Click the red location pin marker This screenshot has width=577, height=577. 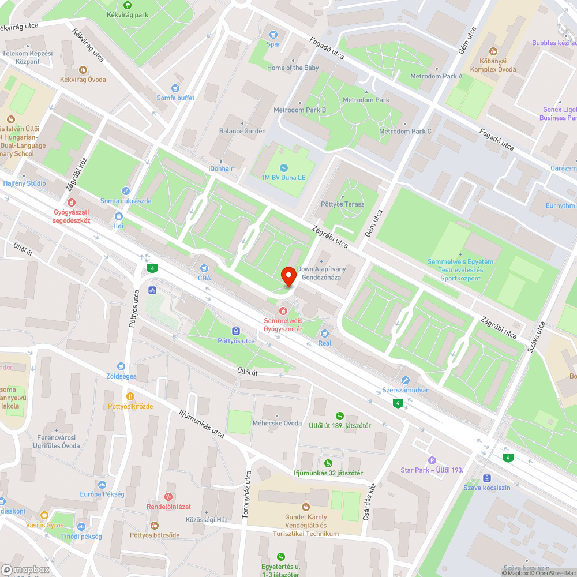(x=288, y=274)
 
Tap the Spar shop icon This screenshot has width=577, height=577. (x=273, y=35)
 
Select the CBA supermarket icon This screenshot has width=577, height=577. (x=204, y=268)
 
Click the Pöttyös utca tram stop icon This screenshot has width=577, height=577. (x=236, y=331)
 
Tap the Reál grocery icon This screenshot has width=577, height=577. (x=324, y=334)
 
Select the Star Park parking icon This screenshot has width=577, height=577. (x=432, y=460)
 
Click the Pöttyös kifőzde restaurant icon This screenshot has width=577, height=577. (x=130, y=396)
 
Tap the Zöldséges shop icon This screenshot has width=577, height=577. (x=121, y=366)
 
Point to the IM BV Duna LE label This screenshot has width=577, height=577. (x=283, y=178)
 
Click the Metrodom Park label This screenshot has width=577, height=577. (x=366, y=100)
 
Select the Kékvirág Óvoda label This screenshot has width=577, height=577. (x=83, y=80)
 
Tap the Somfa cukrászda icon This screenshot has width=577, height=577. (x=125, y=191)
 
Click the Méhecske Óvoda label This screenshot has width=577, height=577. (x=277, y=423)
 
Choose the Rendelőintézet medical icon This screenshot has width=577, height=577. (x=168, y=497)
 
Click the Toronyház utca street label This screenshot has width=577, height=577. (x=248, y=494)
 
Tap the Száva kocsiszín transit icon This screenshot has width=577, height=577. (x=487, y=478)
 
